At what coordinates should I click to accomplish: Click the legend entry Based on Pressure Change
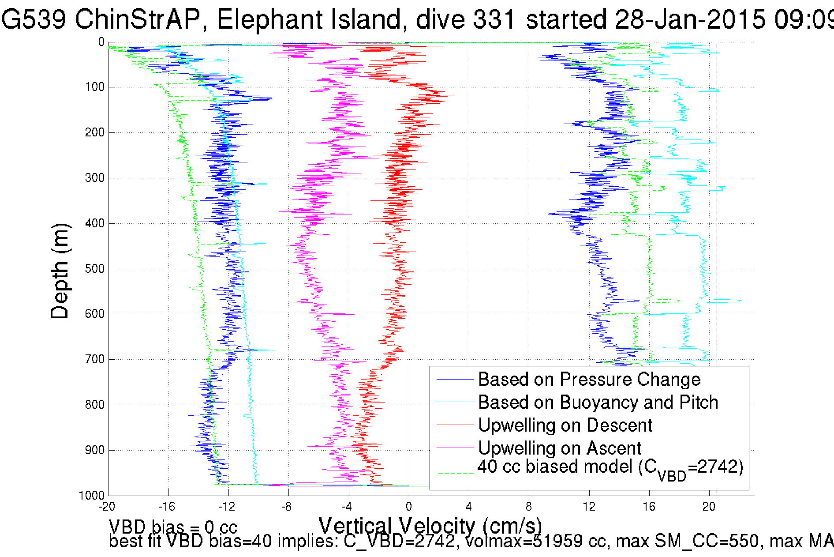pyautogui.click(x=589, y=380)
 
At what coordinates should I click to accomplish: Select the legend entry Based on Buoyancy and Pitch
pyautogui.click(x=598, y=402)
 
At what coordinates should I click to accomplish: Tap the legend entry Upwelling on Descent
pyautogui.click(x=565, y=425)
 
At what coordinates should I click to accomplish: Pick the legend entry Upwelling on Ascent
pyautogui.click(x=559, y=448)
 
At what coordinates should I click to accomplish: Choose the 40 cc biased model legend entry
pyautogui.click(x=610, y=467)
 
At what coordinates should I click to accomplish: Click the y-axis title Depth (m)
pyautogui.click(x=60, y=271)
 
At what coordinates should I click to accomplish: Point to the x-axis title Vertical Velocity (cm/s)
pyautogui.click(x=430, y=526)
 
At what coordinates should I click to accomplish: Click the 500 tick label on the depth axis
pyautogui.click(x=94, y=269)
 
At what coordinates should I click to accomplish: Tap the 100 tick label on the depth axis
pyautogui.click(x=94, y=87)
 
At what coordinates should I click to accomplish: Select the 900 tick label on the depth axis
pyautogui.click(x=94, y=450)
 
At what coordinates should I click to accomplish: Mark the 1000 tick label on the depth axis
pyautogui.click(x=92, y=495)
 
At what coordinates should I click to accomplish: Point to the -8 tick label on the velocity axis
pyautogui.click(x=287, y=507)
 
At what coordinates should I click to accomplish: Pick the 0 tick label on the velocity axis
pyautogui.click(x=409, y=507)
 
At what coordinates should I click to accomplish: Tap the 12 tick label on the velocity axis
pyautogui.click(x=589, y=507)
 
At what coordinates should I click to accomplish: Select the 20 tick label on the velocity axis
pyautogui.click(x=709, y=507)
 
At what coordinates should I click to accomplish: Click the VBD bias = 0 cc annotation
pyautogui.click(x=173, y=527)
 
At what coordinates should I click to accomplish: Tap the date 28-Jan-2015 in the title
pyautogui.click(x=690, y=19)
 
